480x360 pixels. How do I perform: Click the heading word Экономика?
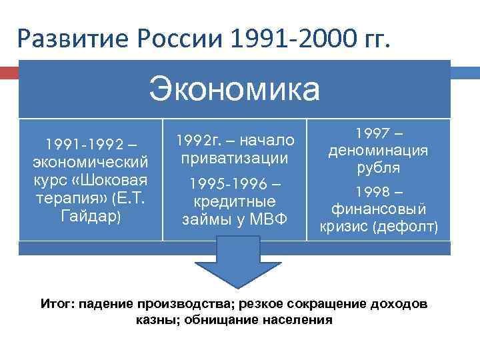235,89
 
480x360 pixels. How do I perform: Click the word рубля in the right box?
377,168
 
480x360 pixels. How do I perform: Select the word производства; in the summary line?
171,304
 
